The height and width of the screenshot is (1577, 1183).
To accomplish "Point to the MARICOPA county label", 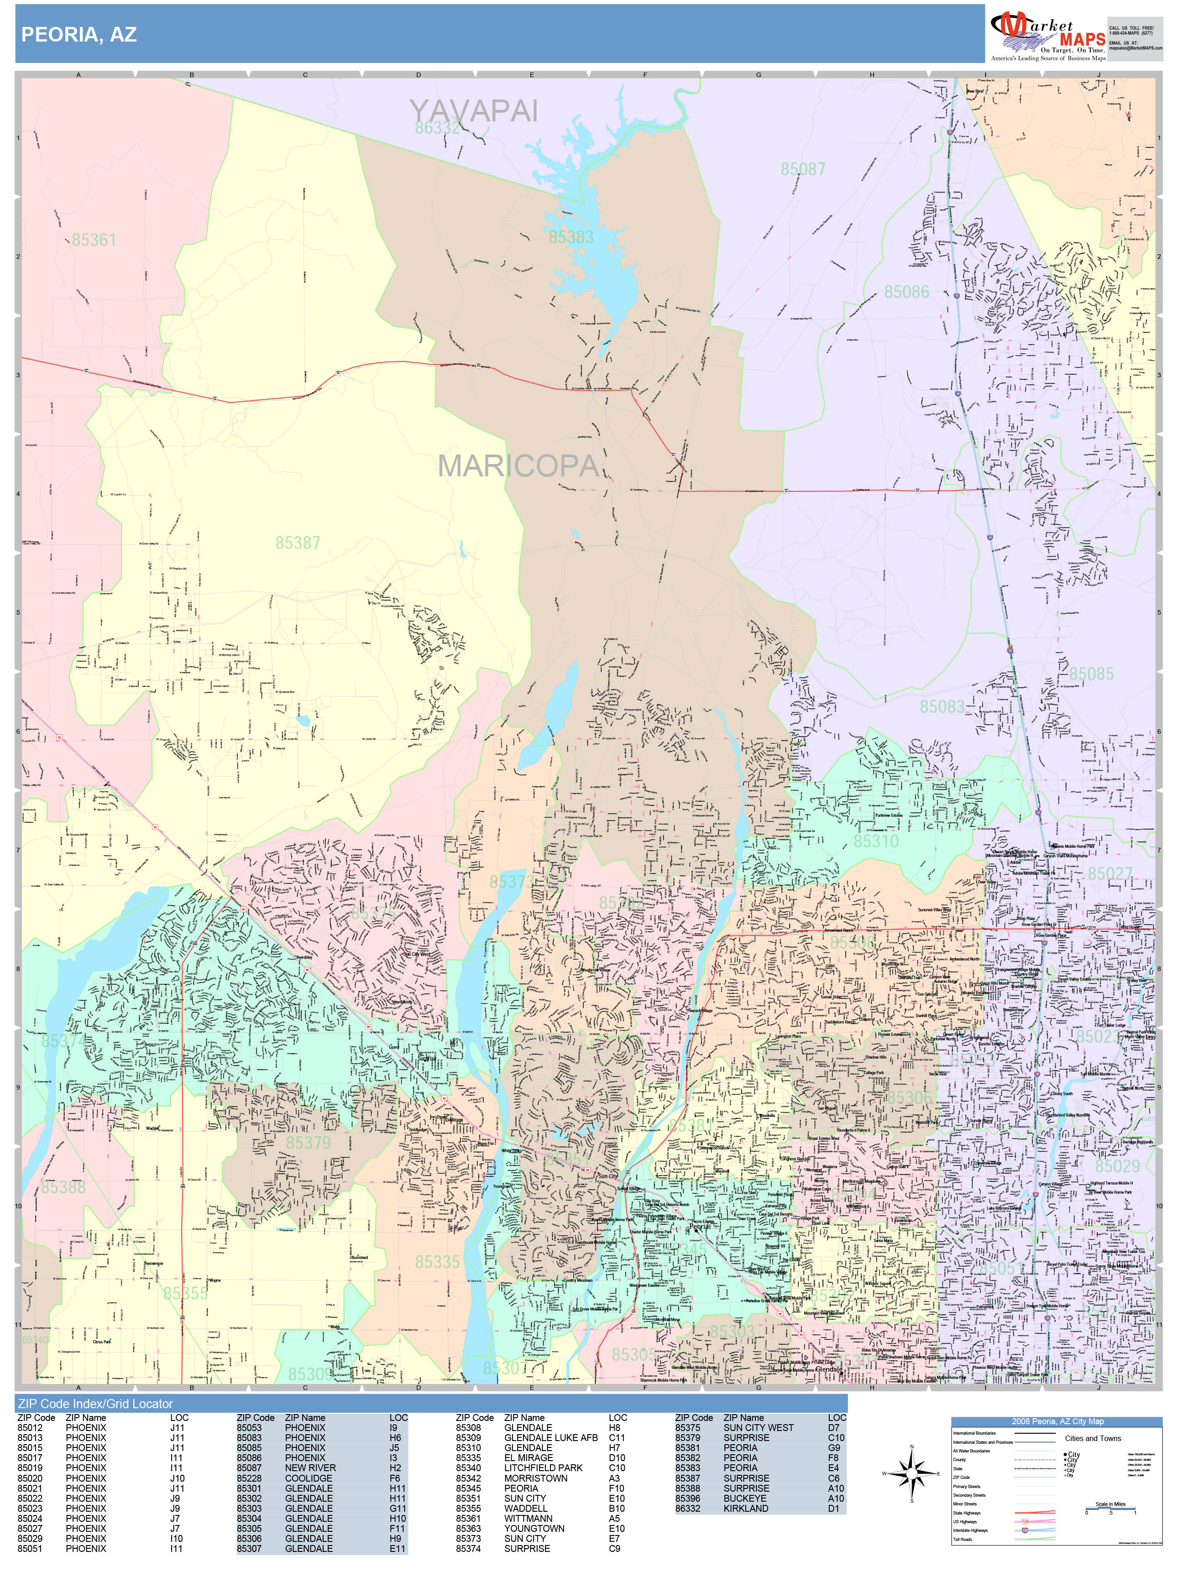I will [x=518, y=465].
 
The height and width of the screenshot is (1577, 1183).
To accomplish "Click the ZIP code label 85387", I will [x=298, y=543].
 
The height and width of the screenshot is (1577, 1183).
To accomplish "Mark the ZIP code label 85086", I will [x=906, y=292].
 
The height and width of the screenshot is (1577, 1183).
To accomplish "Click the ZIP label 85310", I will [x=876, y=841].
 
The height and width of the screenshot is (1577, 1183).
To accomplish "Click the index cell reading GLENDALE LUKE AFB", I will [x=550, y=1438].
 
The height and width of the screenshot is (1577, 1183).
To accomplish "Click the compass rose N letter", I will [x=911, y=1447].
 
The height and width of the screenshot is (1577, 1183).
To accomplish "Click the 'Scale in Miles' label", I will [x=1110, y=1504].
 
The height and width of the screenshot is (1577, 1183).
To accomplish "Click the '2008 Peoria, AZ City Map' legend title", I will [x=1057, y=1421].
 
